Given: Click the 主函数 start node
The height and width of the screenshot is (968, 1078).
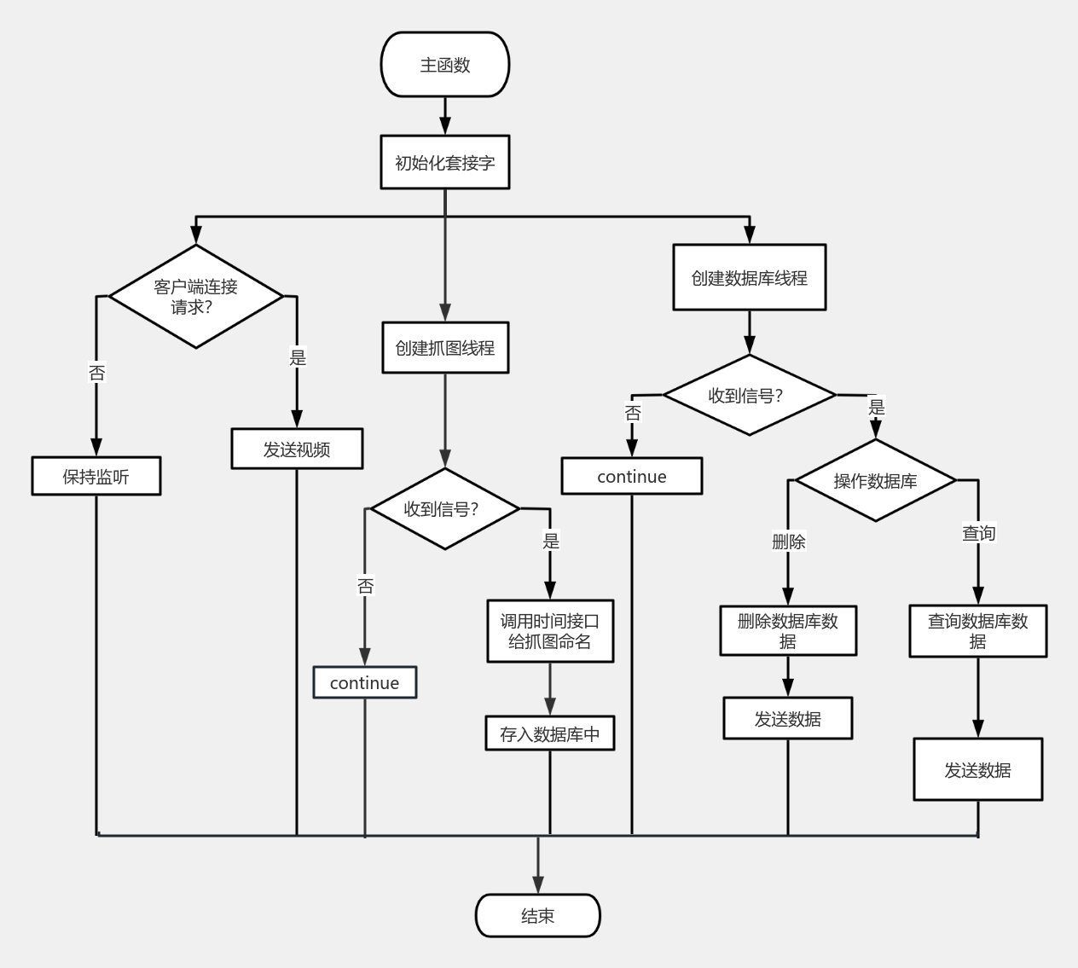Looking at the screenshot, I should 444,65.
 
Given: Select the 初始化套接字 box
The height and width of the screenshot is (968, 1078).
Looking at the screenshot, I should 444,162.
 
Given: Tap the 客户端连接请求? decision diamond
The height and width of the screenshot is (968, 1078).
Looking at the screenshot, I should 195,297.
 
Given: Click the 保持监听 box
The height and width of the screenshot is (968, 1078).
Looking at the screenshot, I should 96,476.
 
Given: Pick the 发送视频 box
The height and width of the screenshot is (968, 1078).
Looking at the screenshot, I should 297,449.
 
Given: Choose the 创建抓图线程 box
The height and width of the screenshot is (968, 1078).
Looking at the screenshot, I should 444,347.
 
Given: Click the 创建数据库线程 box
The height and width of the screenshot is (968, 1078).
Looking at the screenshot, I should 749,277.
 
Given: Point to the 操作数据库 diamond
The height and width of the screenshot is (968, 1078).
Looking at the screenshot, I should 875,481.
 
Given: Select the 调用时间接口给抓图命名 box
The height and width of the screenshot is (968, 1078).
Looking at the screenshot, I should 549,631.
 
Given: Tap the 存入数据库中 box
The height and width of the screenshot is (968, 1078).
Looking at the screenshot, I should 549,733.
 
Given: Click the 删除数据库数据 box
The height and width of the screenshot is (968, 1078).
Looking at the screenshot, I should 787,631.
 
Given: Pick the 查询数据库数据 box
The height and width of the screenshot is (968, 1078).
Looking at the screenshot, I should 977,631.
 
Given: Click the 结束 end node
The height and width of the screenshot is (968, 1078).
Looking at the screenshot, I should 537,915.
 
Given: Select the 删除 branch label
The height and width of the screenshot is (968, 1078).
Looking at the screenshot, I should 788,542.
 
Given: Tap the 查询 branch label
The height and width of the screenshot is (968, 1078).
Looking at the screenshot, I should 978,533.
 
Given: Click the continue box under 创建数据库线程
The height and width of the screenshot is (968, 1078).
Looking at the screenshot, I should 631,476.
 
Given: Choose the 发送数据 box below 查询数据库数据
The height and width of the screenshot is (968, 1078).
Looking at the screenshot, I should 977,769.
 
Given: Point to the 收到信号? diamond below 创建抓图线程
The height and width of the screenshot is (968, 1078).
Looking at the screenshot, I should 444,509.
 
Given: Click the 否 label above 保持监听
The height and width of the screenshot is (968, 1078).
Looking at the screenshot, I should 96,373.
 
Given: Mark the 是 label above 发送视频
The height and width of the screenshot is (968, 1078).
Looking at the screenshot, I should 297,357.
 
